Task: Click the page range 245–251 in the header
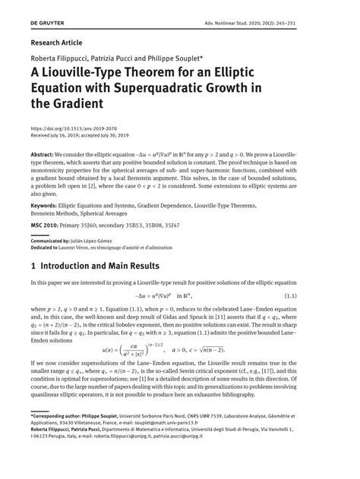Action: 314,24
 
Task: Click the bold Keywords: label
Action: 49,206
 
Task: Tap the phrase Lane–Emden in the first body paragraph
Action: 294,310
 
